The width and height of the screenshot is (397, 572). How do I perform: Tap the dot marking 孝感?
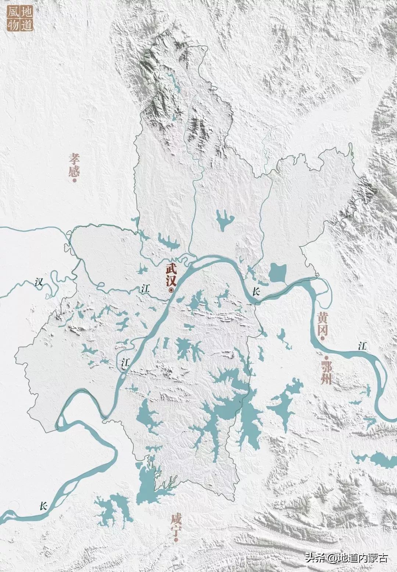point(75,181)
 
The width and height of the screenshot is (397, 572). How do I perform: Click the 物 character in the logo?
point(14,25)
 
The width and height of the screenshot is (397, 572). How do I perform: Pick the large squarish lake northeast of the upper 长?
point(278,272)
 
